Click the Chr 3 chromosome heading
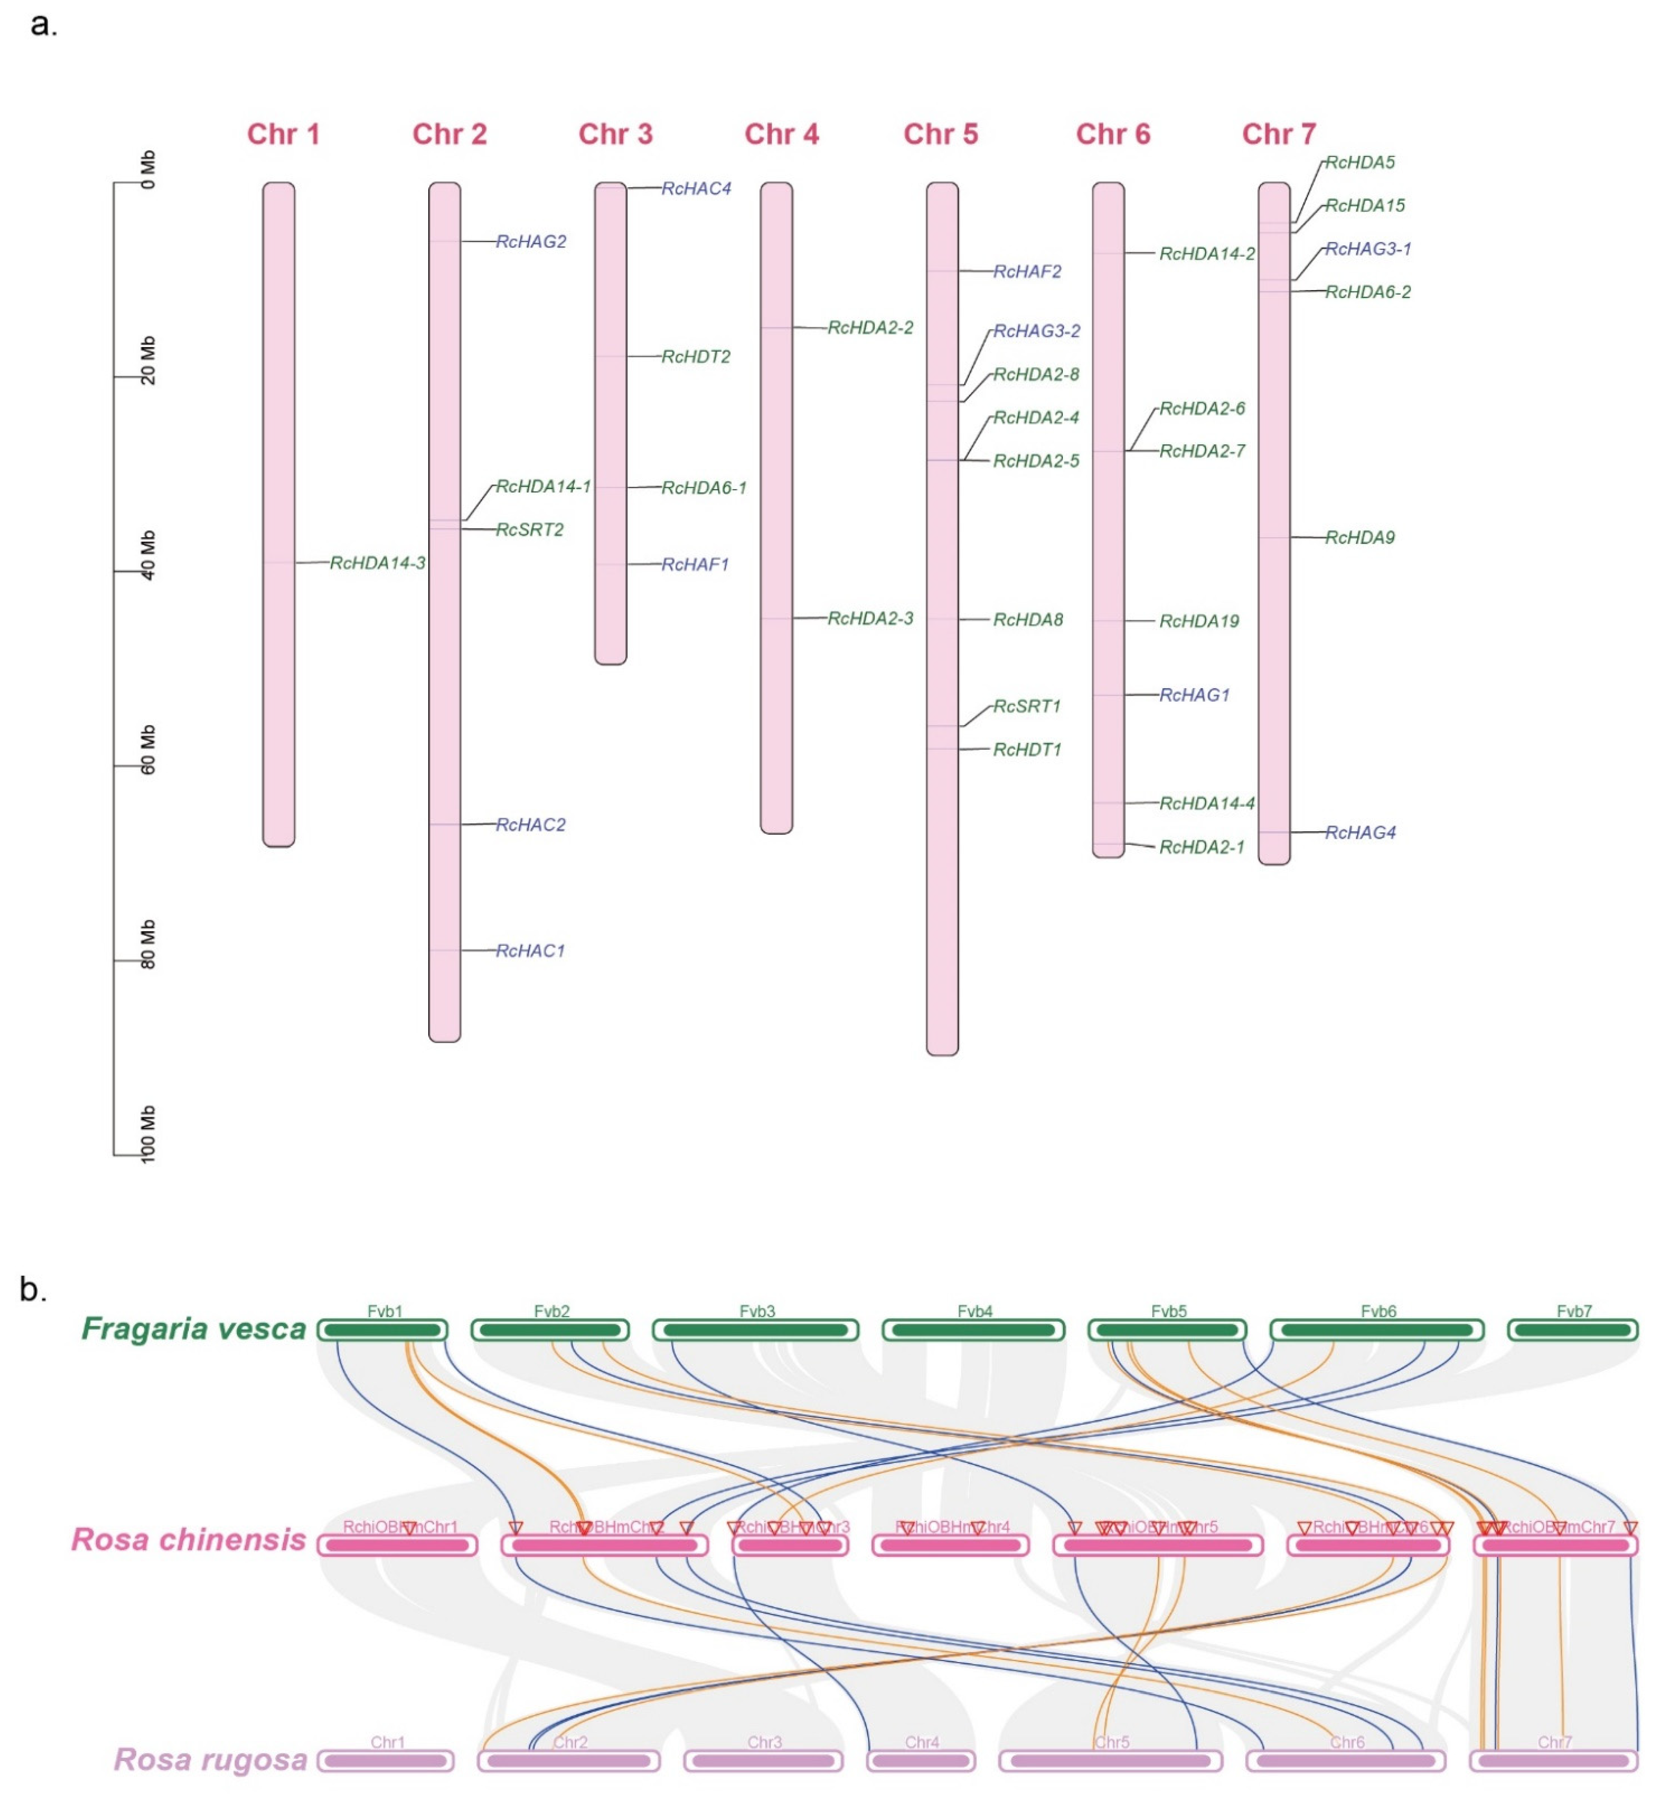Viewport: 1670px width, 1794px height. [615, 135]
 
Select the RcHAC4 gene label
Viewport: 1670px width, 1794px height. [696, 189]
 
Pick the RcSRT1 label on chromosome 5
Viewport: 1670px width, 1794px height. [1026, 707]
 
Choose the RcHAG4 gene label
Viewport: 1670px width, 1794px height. [1360, 833]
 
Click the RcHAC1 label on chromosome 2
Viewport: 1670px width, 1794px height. [530, 951]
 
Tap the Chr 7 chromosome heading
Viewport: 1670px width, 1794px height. [1278, 135]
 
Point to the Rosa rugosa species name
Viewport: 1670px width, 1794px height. [210, 1760]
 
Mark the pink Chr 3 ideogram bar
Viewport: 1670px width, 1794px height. [610, 424]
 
